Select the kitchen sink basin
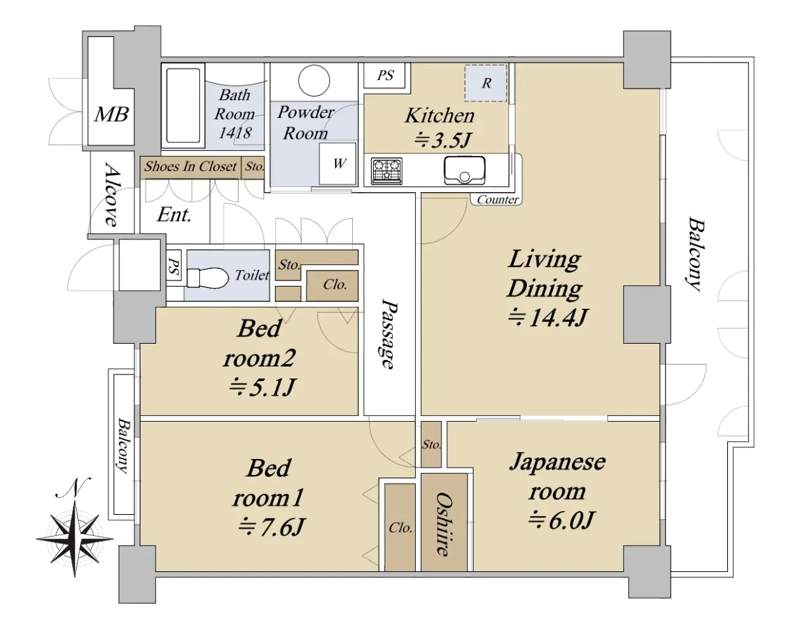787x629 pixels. (x=464, y=171)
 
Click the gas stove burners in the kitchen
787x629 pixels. (x=387, y=171)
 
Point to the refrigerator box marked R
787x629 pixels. (x=486, y=83)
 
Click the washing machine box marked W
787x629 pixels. (x=338, y=164)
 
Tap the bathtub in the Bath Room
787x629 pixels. (x=183, y=104)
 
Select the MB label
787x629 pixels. (x=111, y=115)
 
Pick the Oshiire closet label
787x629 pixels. (x=444, y=523)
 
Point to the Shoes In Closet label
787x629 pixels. (x=190, y=167)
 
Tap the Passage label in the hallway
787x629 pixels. (x=389, y=335)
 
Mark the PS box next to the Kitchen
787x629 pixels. (x=386, y=75)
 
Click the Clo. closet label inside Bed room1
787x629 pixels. (x=399, y=528)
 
